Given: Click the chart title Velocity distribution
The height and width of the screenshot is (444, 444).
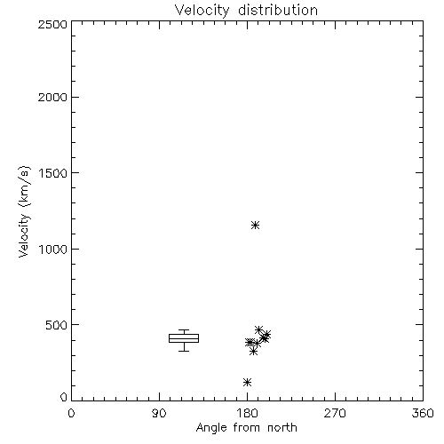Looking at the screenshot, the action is [x=246, y=10].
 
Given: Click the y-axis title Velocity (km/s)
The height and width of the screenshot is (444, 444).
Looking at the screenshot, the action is [x=24, y=211].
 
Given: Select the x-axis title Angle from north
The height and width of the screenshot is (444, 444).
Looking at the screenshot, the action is [x=246, y=428].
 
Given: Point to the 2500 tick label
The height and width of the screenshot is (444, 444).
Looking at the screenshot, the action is [x=52, y=24].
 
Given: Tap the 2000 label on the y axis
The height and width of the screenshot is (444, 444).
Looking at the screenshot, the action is [x=52, y=97].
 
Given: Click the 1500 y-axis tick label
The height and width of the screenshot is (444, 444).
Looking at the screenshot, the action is [x=53, y=173].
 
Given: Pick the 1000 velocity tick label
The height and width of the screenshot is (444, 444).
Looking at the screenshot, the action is [x=53, y=249].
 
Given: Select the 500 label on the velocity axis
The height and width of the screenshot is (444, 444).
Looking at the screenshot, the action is [x=56, y=325].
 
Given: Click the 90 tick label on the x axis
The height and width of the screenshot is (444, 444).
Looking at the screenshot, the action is [x=159, y=413].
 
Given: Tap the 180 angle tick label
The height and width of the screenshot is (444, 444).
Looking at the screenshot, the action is [x=247, y=413].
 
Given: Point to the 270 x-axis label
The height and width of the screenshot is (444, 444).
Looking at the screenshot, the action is [x=335, y=413].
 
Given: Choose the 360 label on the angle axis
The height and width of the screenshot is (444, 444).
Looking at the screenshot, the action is [x=423, y=413].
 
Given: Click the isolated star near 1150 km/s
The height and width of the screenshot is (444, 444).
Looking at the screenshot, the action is [x=255, y=226].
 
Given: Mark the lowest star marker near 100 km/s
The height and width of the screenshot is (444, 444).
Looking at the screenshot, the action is [x=247, y=382].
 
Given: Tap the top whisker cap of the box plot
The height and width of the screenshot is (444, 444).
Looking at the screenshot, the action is [x=184, y=330].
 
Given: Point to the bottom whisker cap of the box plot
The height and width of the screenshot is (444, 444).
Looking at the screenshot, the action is [x=184, y=351].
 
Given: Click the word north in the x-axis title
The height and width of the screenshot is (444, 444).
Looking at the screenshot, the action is [x=282, y=428].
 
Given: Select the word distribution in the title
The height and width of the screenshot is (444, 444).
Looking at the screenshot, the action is [x=278, y=10].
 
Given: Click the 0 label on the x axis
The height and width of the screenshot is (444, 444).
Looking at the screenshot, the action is [x=71, y=413].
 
